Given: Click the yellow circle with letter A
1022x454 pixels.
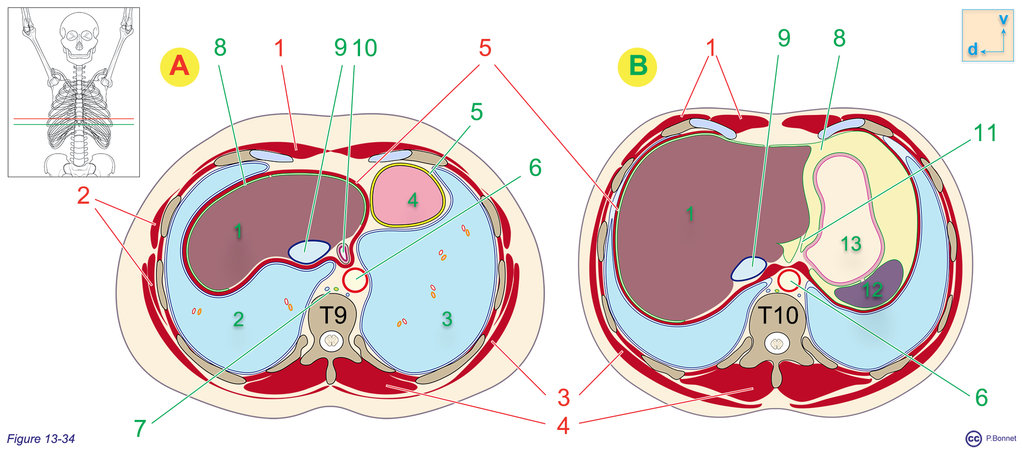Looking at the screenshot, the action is click(179, 67).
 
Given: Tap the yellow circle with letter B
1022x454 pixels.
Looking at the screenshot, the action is click(637, 67).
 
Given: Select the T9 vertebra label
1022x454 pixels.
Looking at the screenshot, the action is click(334, 316).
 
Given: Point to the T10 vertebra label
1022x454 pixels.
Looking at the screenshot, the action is click(778, 316).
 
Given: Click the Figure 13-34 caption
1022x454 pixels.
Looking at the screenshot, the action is click(41, 439).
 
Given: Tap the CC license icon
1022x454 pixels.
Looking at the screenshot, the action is click(973, 439).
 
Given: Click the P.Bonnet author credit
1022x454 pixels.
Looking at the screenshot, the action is click(1001, 438).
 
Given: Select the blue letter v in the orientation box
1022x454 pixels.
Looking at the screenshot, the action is click(1003, 20).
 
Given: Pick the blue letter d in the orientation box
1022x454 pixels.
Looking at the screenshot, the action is click(972, 49).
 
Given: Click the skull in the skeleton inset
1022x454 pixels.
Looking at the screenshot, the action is click(79, 36).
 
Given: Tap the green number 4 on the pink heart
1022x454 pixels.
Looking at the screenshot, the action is click(412, 200).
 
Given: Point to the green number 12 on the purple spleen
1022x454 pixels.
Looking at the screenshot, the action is click(872, 290).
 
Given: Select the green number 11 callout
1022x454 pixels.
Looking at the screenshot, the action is click(985, 133).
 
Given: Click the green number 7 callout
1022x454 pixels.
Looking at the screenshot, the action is click(140, 428).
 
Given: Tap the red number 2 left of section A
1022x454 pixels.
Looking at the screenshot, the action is click(84, 196).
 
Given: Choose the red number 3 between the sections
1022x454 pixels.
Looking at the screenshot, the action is click(563, 398).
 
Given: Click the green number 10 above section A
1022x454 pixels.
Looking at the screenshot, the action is click(365, 48).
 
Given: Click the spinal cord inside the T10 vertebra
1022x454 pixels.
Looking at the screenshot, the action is click(777, 344).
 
